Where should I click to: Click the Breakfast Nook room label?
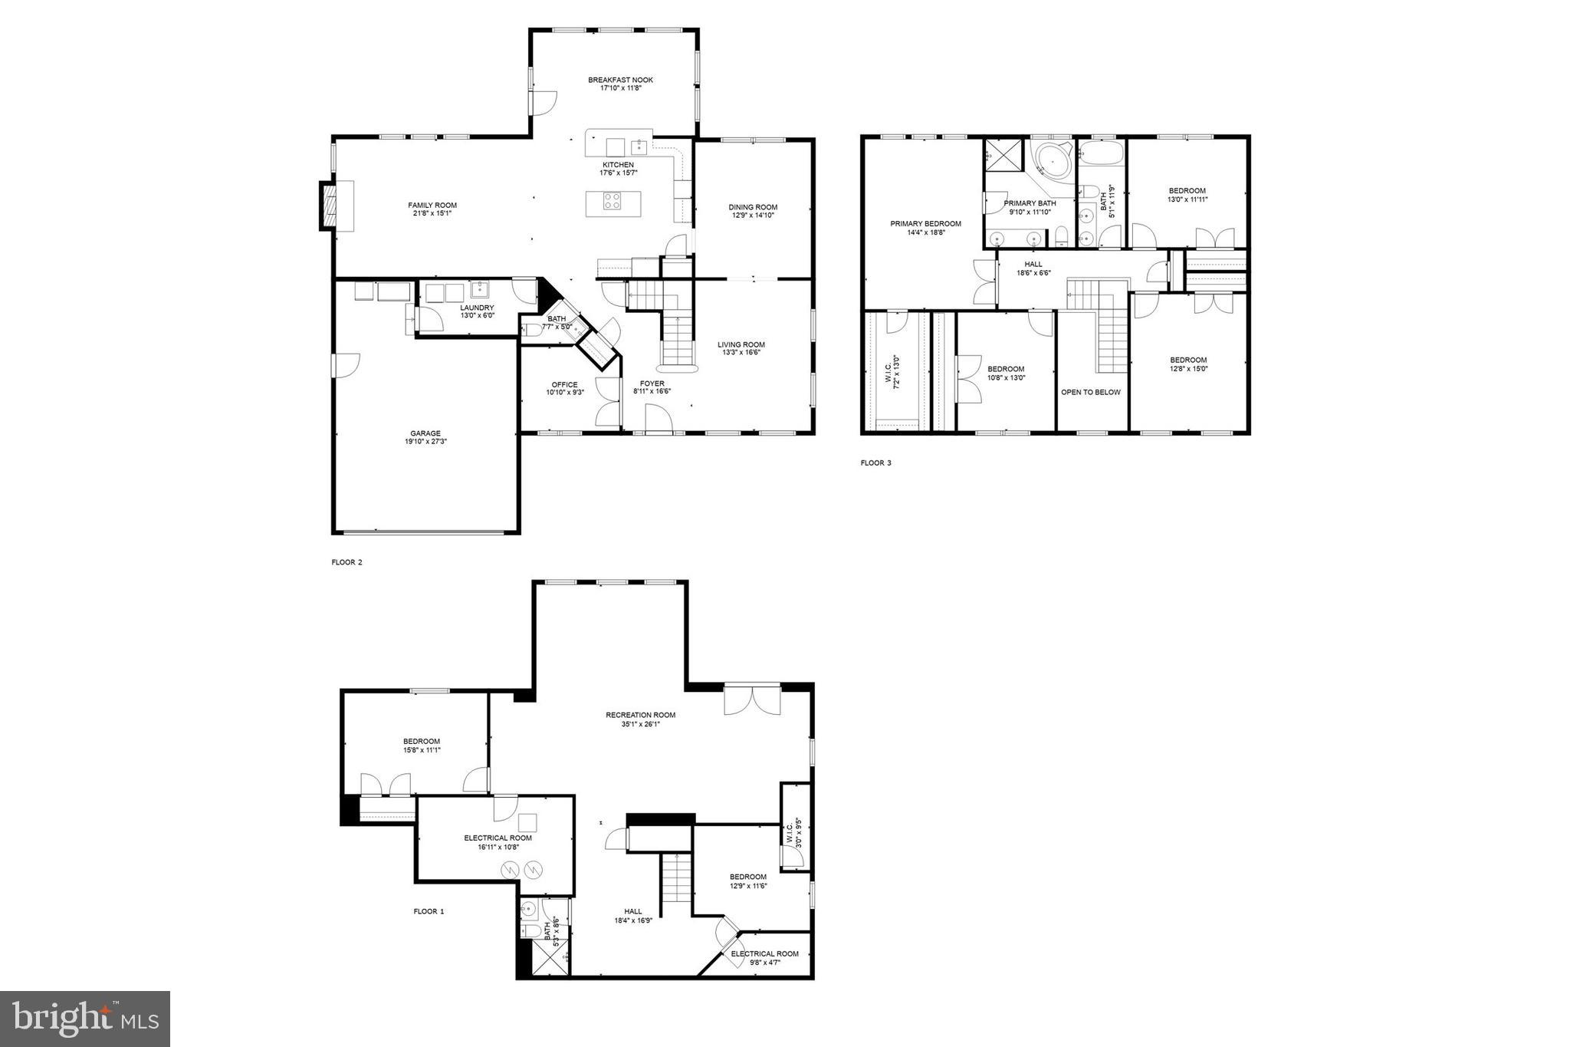click(x=620, y=80)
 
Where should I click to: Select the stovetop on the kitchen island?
click(x=613, y=202)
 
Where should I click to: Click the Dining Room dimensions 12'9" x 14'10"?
click(x=752, y=216)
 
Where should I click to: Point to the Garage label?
click(x=425, y=433)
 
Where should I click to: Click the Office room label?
click(x=564, y=385)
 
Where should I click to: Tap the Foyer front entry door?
click(x=658, y=420)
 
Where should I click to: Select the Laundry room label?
click(x=477, y=308)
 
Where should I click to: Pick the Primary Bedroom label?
click(x=925, y=224)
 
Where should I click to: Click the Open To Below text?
click(x=1090, y=392)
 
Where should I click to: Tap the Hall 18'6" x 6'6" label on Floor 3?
click(x=1033, y=268)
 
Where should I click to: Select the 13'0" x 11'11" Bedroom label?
click(x=1186, y=195)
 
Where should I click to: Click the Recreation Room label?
click(x=640, y=715)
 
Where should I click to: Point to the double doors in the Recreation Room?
click(x=752, y=700)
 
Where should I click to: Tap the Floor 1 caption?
click(x=429, y=911)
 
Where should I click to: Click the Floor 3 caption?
click(x=875, y=463)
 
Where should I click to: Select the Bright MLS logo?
click(x=85, y=1019)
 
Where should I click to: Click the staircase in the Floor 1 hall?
click(x=676, y=878)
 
